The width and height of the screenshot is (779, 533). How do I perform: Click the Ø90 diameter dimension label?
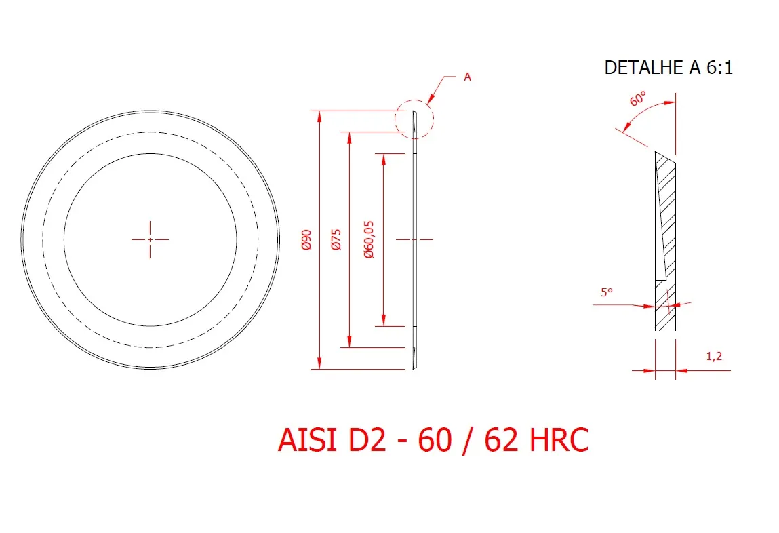click(x=306, y=239)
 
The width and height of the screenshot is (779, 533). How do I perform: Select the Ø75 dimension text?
click(x=336, y=239)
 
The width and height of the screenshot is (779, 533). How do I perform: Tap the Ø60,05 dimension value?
click(x=369, y=239)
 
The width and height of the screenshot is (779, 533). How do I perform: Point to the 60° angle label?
click(x=638, y=98)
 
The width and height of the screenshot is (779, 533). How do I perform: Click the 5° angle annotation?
click(x=607, y=292)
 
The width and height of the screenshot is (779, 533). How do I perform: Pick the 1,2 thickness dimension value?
click(x=714, y=356)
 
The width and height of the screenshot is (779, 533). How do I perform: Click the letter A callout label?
click(x=467, y=77)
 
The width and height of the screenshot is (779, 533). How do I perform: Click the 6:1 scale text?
click(x=720, y=68)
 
